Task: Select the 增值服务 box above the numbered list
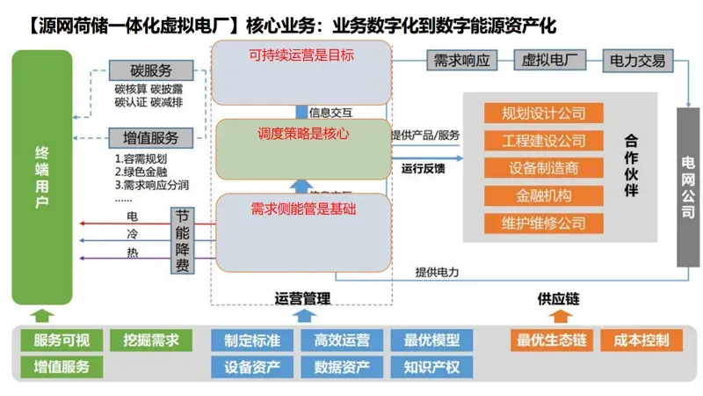point(145,137)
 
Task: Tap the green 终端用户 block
point(41,176)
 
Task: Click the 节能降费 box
point(183,240)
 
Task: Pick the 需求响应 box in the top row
point(461,62)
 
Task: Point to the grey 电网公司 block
point(688,186)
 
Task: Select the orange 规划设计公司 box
point(543,114)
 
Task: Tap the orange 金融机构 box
point(543,195)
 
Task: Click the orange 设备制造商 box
point(543,168)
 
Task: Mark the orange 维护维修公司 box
point(543,223)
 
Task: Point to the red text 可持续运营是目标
point(303,55)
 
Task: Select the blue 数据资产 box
point(342,366)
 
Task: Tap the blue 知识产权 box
point(431,366)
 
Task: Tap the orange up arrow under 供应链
point(558,316)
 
